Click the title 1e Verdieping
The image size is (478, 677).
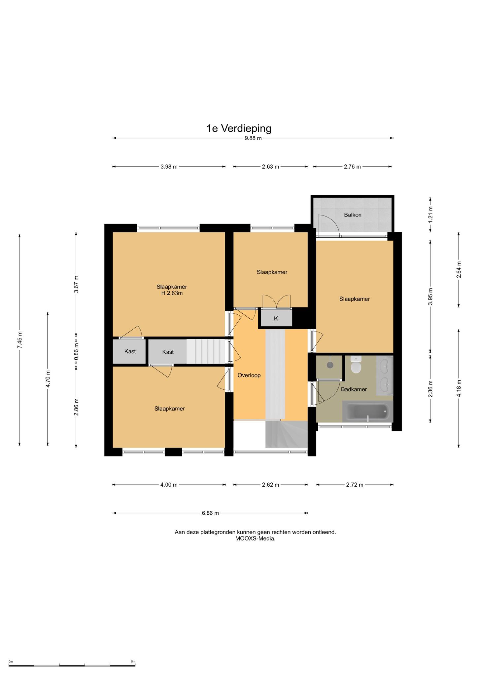tap(239, 128)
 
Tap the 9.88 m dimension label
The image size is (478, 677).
tap(253, 138)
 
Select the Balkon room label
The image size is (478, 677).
tap(353, 215)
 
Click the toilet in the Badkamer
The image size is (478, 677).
tap(356, 365)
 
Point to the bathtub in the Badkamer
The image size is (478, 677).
tap(366, 412)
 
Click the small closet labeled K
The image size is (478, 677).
tap(276, 318)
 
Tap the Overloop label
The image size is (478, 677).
tap(249, 375)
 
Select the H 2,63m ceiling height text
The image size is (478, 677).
tap(172, 293)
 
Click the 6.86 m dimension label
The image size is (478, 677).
tap(210, 513)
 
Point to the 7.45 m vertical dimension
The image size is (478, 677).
tap(20, 340)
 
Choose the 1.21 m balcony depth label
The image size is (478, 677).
tap(430, 214)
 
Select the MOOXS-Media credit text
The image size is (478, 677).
tap(255, 538)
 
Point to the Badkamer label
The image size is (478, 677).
tap(354, 389)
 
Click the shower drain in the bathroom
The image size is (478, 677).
tap(330, 365)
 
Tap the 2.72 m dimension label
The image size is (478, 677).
tap(355, 485)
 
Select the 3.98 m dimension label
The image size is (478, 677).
tap(169, 167)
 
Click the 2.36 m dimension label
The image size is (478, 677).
tap(430, 389)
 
